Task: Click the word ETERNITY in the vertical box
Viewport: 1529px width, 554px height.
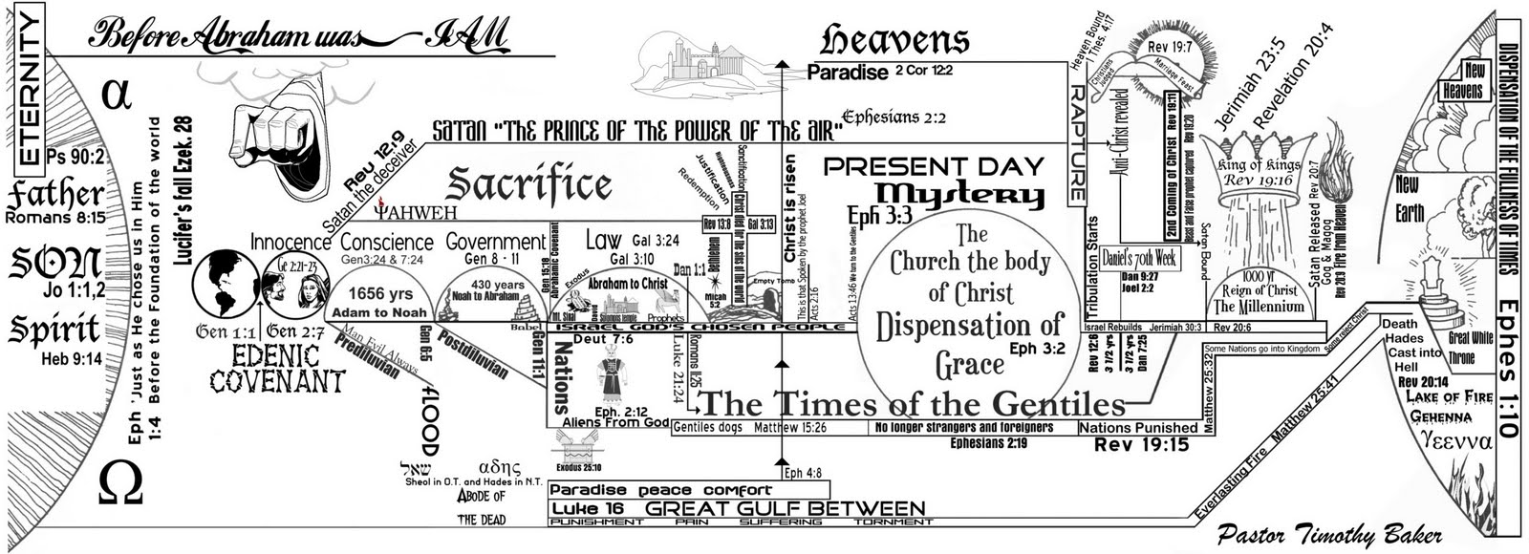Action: (30, 92)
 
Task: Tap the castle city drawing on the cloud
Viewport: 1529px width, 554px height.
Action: (696, 57)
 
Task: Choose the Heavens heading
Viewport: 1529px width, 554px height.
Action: (894, 40)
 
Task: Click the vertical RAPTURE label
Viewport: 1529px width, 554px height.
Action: (1077, 143)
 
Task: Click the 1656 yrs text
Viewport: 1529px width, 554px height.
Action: (380, 294)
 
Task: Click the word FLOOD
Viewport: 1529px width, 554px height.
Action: (428, 421)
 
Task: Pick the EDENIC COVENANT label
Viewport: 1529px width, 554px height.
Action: (277, 369)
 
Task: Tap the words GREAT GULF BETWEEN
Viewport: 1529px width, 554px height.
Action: (785, 509)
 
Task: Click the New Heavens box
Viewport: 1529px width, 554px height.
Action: (1461, 82)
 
